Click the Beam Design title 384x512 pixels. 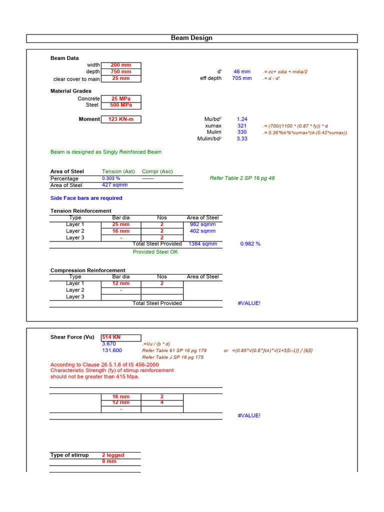click(191, 38)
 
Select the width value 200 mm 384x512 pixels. click(120, 65)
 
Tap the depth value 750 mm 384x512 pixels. click(120, 71)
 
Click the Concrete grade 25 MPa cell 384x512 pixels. click(120, 98)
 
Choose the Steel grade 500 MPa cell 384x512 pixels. click(120, 105)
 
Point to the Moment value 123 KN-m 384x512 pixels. click(120, 119)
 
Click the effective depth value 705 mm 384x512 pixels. click(242, 78)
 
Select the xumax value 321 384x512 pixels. click(242, 125)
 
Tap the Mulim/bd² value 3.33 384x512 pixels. click(242, 138)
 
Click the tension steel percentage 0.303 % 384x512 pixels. click(111, 178)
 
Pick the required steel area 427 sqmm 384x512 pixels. click(114, 185)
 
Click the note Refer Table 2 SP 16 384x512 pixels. click(242, 178)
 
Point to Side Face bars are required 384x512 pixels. click(86, 198)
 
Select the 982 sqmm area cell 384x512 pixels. click(202, 224)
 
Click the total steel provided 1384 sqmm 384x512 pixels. click(202, 244)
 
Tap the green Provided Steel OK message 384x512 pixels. click(155, 252)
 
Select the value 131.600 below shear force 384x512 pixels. click(112, 350)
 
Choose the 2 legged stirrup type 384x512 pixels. click(113, 455)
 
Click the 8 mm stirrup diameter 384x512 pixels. click(109, 461)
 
